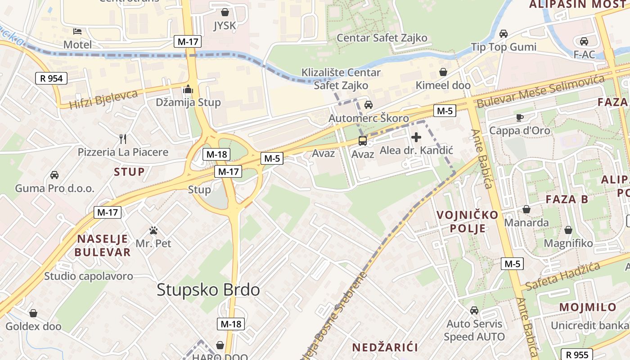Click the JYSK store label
point(225,26)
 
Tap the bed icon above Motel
point(77,31)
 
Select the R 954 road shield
point(51,78)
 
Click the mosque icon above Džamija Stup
point(188,90)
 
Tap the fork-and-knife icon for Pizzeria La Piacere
point(122,139)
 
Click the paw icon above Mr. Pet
point(153,231)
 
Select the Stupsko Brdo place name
point(208,290)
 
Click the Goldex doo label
point(33,326)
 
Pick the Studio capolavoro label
point(89,276)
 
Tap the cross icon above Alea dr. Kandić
point(416,137)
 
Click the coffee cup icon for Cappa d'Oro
point(520,118)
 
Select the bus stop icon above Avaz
point(362,141)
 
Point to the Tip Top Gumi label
point(504,47)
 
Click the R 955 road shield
point(578,354)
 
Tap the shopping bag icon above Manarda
point(526,209)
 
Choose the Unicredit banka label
point(590,325)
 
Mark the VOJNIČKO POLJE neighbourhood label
point(468,221)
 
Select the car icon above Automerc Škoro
point(369,105)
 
